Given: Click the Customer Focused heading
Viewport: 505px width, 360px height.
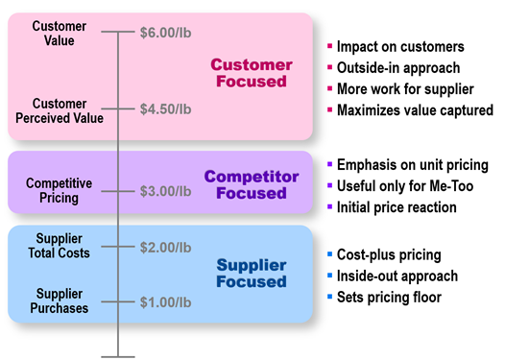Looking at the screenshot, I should point(252,73).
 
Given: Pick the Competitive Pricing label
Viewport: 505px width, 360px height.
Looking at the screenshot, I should point(60,190).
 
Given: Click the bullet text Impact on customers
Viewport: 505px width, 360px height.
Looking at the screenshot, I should point(401,47).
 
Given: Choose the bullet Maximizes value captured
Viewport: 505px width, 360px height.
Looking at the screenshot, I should point(415,110).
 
